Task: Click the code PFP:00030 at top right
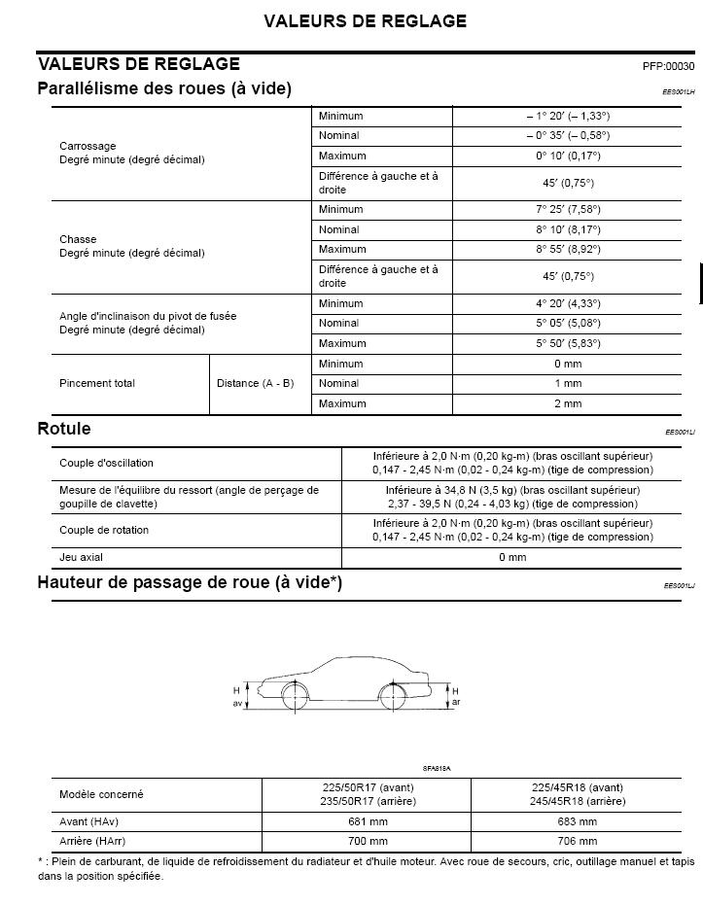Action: (668, 66)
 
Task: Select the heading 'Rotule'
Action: (64, 429)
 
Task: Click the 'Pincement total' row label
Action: (97, 383)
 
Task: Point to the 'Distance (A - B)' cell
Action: (255, 383)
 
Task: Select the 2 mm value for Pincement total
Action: (568, 403)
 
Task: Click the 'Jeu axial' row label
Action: (81, 557)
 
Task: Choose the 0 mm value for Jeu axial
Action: (512, 557)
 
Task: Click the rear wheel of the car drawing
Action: (392, 697)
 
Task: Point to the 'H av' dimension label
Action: (236, 695)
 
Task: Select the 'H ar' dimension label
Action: (455, 695)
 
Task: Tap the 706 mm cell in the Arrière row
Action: (578, 841)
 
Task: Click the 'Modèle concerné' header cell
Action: (101, 794)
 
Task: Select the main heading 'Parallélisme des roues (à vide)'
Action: (164, 88)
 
